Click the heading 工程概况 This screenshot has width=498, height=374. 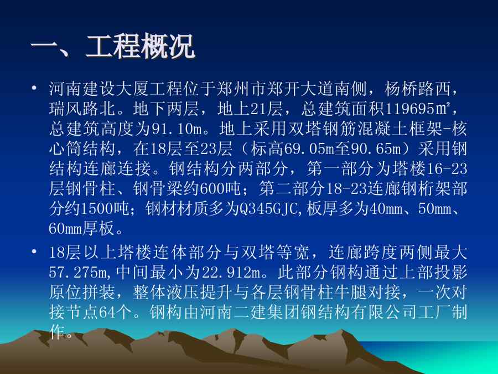[x=140, y=47]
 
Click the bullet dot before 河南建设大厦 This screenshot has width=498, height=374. [x=34, y=88]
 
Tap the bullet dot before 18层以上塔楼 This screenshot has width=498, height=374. [x=34, y=252]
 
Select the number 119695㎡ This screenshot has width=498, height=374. [x=418, y=109]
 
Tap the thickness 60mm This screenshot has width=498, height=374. [x=65, y=228]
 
